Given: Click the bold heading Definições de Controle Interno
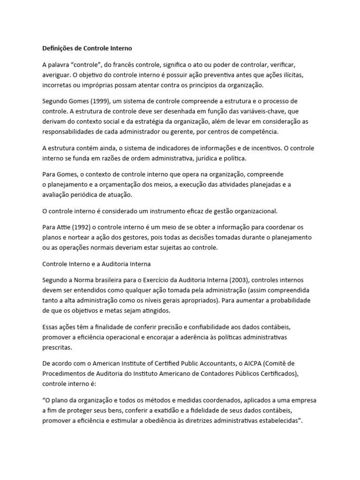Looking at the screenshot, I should (87, 48).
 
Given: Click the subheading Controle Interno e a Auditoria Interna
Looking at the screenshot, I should (97, 263).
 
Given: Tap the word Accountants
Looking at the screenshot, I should (232, 363).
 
